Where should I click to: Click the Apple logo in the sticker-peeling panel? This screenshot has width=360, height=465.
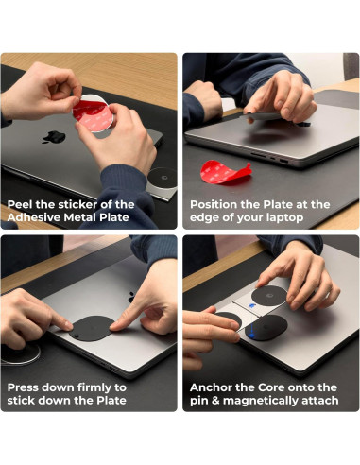[54, 137]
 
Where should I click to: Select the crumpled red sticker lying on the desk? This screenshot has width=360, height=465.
[226, 172]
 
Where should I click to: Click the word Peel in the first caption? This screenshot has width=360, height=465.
[20, 204]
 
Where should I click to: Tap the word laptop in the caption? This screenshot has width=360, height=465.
[284, 218]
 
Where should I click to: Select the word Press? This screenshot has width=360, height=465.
[23, 387]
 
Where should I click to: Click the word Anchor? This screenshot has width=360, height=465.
[211, 387]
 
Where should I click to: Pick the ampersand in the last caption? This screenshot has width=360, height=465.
[215, 401]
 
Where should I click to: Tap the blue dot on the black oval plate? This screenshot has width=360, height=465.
[251, 335]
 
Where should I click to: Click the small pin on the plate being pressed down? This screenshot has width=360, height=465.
[77, 336]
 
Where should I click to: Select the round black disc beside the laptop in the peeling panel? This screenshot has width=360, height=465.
[163, 178]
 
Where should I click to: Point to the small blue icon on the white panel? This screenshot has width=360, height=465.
[251, 305]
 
